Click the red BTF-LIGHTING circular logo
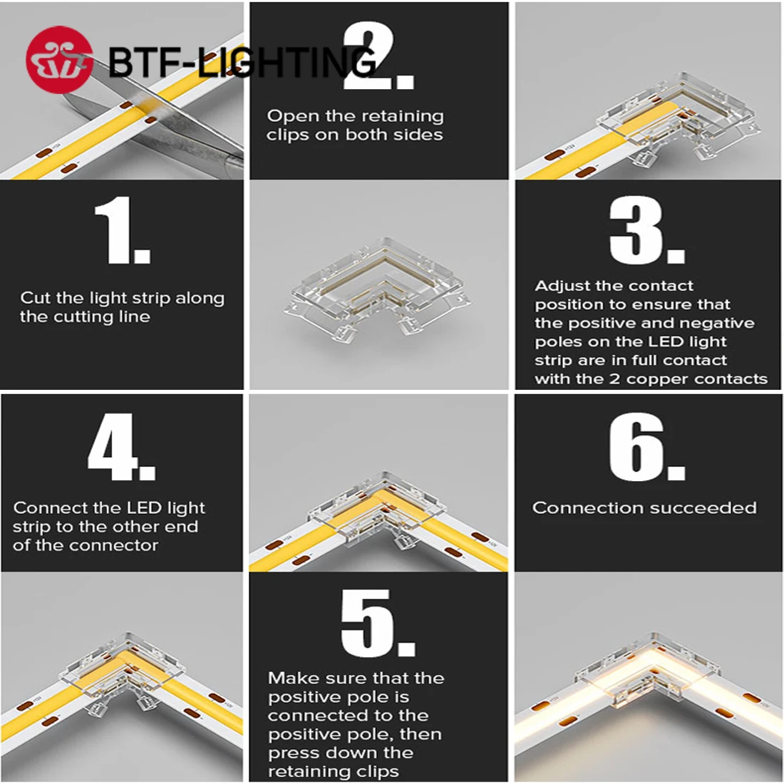pyautogui.click(x=59, y=60)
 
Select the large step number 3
pyautogui.click(x=646, y=231)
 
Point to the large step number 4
pyautogui.click(x=121, y=447)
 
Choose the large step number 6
pyautogui.click(x=646, y=447)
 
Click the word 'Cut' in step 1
pyautogui.click(x=36, y=298)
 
